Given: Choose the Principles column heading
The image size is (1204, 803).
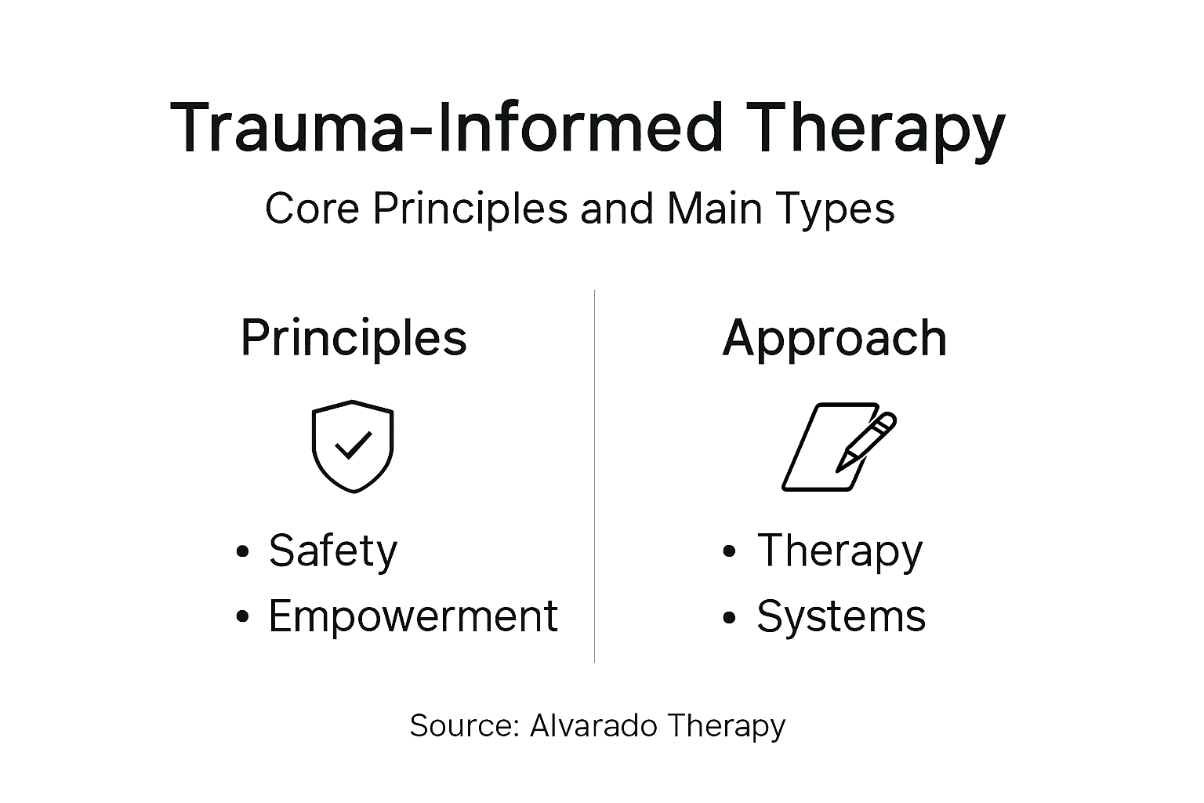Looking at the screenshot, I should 354,339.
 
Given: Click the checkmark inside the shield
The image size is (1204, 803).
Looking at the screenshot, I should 353,446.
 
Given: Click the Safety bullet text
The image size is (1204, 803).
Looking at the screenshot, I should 333,550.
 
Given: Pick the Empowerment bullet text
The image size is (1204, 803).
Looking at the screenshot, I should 412,616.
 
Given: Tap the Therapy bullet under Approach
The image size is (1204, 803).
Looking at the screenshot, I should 840,551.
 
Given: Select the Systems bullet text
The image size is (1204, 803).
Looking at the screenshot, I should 841,616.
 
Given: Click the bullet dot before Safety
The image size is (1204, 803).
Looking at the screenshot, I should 243,551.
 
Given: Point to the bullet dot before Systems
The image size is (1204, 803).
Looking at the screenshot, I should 730,617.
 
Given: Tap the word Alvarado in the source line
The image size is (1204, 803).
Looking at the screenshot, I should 593,725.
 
